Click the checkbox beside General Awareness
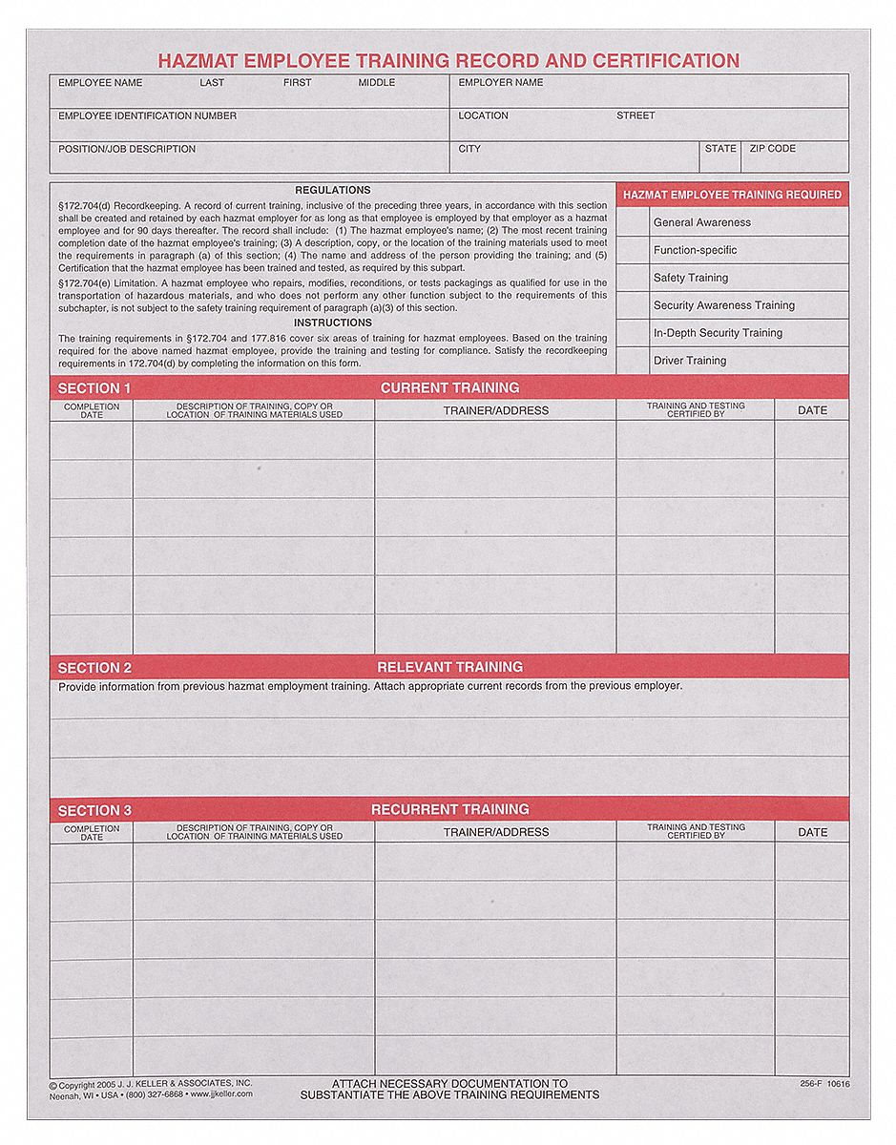[x=632, y=222]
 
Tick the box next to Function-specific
[x=632, y=250]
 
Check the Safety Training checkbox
[x=632, y=278]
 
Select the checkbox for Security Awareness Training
[x=632, y=305]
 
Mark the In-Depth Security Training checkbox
[x=632, y=333]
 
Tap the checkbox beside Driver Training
[x=632, y=361]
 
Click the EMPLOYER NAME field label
[x=501, y=83]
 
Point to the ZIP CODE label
[x=773, y=149]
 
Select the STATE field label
[x=720, y=149]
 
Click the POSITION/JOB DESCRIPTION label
[x=127, y=150]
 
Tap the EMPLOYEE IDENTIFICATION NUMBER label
[x=147, y=116]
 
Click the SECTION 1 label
[x=94, y=388]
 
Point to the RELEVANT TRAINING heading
[x=449, y=667]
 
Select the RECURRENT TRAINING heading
[x=449, y=810]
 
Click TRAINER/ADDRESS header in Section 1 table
[x=496, y=410]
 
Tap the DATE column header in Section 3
[x=812, y=832]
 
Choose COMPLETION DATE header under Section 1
[x=92, y=410]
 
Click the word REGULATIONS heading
[x=333, y=190]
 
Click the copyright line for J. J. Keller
[x=150, y=1084]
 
